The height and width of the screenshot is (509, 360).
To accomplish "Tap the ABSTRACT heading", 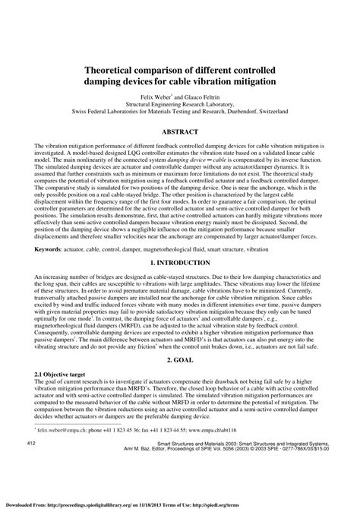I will [179, 131].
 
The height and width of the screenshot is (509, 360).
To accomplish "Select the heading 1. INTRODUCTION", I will [179, 283].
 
